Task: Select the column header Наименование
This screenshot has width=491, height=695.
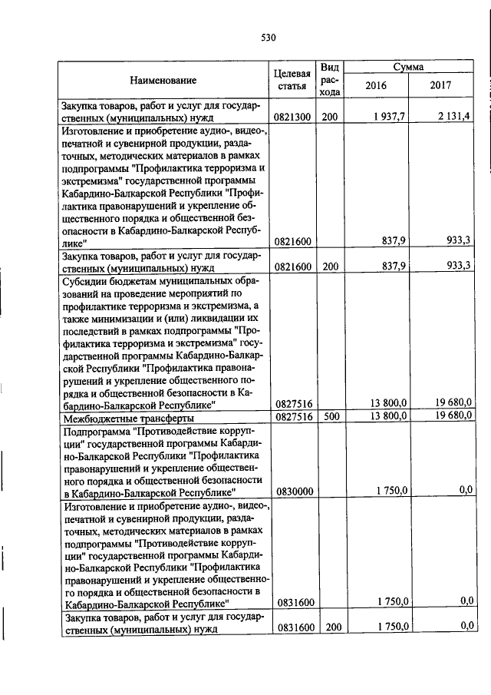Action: [163, 80]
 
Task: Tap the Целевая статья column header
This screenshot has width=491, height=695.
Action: [292, 80]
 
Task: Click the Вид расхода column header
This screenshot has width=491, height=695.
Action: [330, 80]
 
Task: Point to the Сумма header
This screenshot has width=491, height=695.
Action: [408, 68]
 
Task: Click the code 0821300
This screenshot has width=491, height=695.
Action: [292, 117]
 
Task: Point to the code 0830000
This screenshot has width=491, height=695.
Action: [292, 491]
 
